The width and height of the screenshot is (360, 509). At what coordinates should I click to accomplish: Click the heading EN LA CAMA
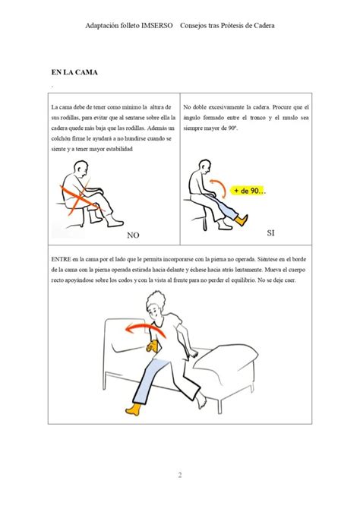[74, 72]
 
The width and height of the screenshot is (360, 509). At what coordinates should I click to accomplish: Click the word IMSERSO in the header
[157, 26]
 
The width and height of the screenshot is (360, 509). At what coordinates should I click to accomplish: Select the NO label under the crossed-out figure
[133, 236]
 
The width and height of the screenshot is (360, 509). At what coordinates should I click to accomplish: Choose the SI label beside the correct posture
[270, 232]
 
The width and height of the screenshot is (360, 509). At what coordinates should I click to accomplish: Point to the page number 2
[180, 475]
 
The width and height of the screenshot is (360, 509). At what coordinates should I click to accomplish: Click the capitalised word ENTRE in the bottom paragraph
[61, 259]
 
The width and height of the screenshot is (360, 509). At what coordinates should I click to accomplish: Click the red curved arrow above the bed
[146, 327]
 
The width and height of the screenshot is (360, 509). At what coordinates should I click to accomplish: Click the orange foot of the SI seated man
[242, 220]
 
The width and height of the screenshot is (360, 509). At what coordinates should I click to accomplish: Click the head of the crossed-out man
[81, 169]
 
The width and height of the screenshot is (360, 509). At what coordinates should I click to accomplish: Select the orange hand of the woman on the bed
[152, 346]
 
